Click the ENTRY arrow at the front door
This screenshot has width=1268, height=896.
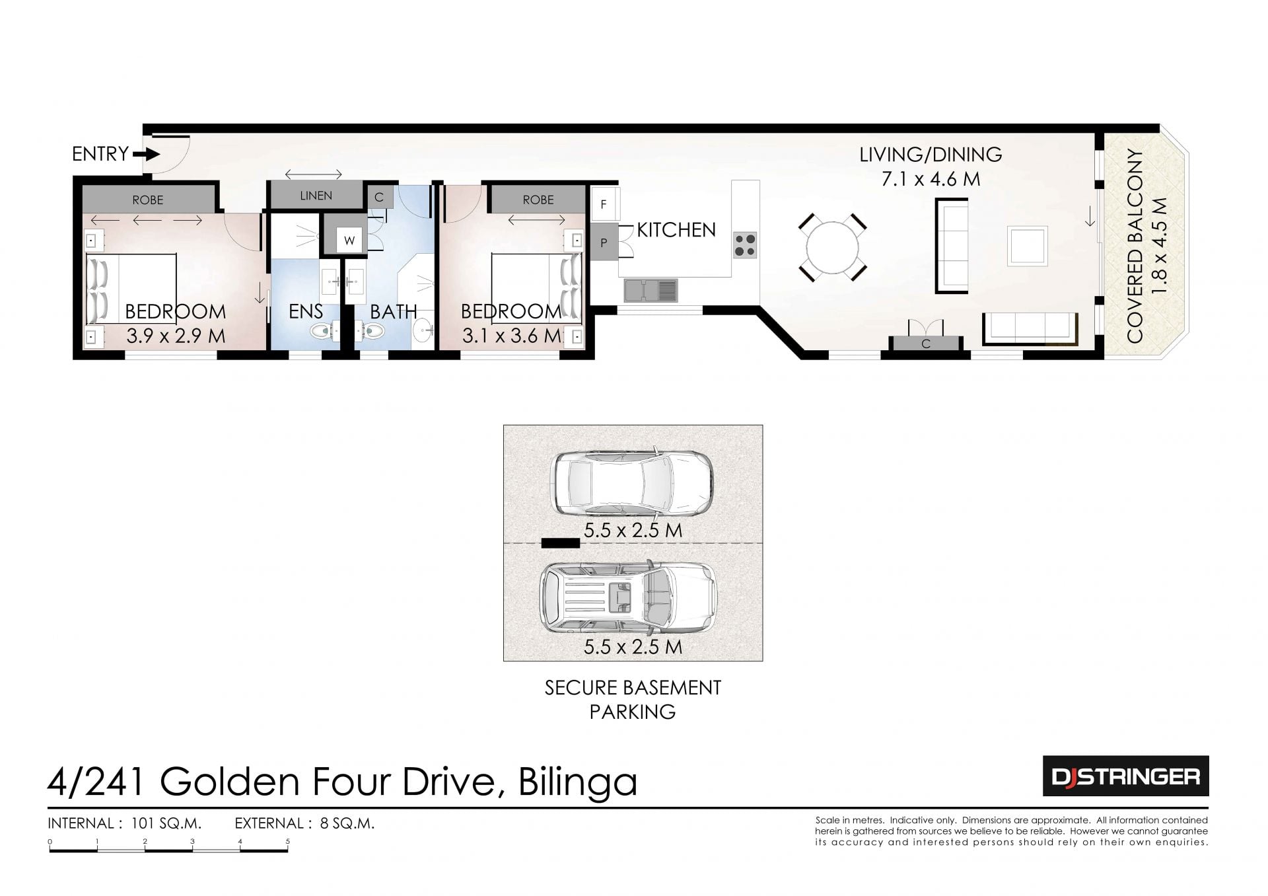(x=147, y=155)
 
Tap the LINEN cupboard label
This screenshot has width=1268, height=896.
(x=316, y=196)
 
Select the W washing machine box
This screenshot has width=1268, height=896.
(x=349, y=241)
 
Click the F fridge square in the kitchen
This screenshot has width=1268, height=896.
(x=603, y=204)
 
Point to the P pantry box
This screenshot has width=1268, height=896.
(x=603, y=243)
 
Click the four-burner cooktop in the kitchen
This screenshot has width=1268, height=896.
(x=745, y=245)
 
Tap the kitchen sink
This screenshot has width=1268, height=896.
(x=651, y=289)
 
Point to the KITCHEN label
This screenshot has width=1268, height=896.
(x=676, y=230)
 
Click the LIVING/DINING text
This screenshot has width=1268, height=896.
(x=931, y=155)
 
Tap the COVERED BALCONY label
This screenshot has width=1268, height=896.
(x=1135, y=246)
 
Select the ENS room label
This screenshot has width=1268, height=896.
(x=306, y=311)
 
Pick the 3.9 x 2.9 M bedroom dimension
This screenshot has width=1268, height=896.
(x=176, y=336)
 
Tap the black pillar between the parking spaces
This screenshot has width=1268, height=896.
(x=560, y=543)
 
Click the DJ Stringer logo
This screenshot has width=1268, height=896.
(x=1125, y=776)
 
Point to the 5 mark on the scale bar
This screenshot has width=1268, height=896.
(x=288, y=842)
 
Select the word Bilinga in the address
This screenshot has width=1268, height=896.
(x=578, y=782)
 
